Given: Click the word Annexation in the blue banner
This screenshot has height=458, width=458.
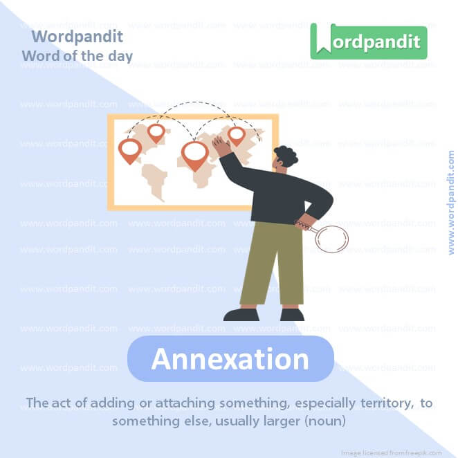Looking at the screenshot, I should click(230, 359).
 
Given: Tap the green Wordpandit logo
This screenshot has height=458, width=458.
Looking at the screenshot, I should click(368, 41).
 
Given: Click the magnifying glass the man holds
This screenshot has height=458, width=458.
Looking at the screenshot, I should click(331, 237).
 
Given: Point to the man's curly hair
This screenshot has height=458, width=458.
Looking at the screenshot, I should click(286, 156).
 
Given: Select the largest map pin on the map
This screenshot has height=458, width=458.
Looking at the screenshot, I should click(194, 154).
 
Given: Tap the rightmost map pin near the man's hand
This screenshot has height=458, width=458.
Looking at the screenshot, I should click(237, 135).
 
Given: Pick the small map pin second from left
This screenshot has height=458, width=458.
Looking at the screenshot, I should click(156, 131).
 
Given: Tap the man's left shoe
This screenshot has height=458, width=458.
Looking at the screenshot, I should click(241, 315).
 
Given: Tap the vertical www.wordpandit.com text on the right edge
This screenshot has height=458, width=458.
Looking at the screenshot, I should click(451, 202).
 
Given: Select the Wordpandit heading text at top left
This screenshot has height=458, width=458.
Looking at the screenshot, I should click(77, 37).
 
